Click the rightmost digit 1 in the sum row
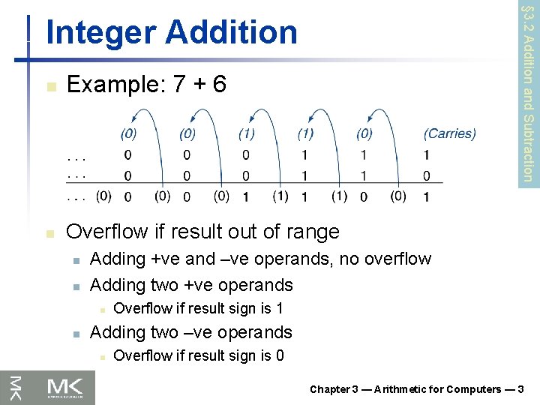pos(426,197)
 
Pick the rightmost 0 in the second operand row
pos(426,176)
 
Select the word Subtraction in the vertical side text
pos(527,146)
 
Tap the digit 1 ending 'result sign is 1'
pos(278,308)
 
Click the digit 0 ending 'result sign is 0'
pos(279,355)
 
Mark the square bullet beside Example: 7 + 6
pos(50,86)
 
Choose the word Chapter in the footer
pos(330,389)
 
